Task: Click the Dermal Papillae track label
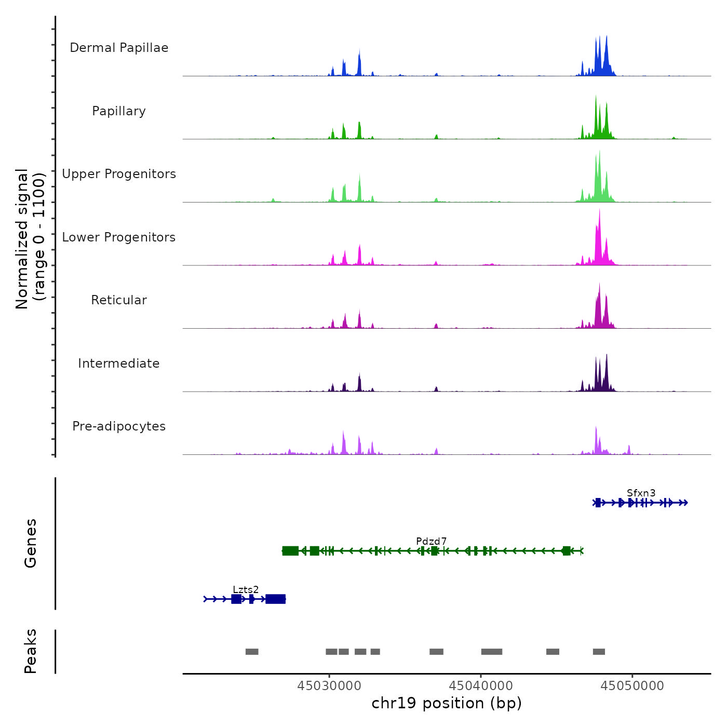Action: tap(119, 48)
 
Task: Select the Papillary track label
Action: tap(119, 111)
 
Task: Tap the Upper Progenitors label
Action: tap(119, 174)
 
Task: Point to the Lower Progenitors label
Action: tap(119, 237)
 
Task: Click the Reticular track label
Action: tap(119, 300)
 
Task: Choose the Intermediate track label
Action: tap(119, 363)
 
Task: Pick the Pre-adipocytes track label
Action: tap(119, 426)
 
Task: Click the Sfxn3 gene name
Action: tap(641, 493)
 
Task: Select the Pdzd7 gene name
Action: tap(431, 542)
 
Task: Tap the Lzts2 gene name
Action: tap(246, 590)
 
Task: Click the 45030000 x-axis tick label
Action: tap(329, 686)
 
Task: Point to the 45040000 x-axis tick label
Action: tap(481, 686)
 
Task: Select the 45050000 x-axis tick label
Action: tap(632, 686)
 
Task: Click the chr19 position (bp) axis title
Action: tap(447, 703)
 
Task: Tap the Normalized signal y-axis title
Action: tap(30, 238)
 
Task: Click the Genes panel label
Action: tap(31, 543)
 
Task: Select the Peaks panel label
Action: tap(31, 651)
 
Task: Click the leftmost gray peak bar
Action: tap(252, 652)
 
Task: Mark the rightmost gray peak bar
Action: tap(599, 652)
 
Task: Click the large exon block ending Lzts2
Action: tap(276, 599)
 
